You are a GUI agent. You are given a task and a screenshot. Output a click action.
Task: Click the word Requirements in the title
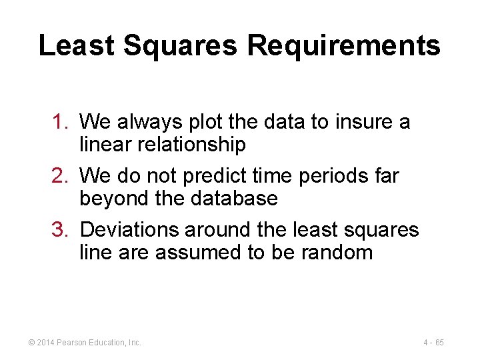pos(344,46)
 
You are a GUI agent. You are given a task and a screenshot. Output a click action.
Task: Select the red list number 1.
pos(61,122)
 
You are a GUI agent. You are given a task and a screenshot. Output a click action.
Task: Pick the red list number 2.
pos(61,176)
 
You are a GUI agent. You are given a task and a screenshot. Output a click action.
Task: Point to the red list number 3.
pos(61,230)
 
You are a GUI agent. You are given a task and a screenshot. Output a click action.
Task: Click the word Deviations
pos(129,230)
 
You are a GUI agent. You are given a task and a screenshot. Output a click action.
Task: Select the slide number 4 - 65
pos(433,343)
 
